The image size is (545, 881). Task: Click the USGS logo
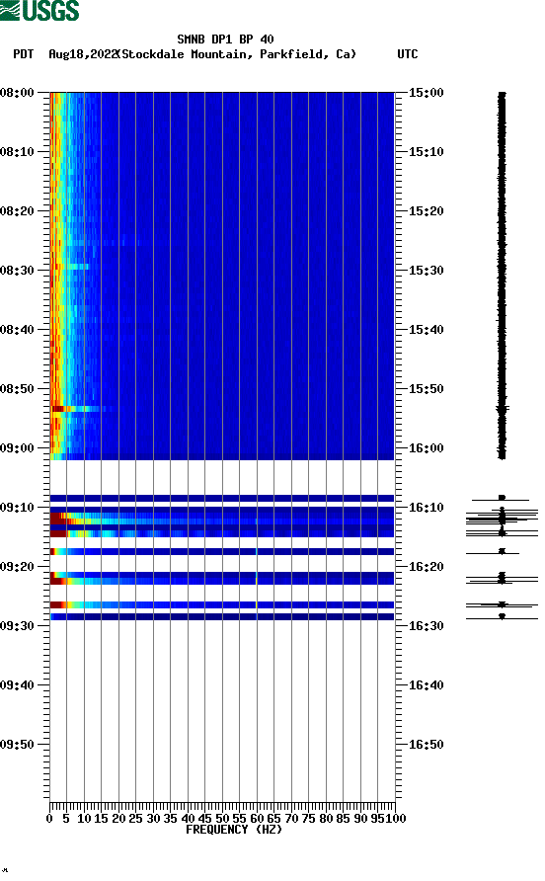39,11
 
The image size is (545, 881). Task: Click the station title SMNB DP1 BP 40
225,40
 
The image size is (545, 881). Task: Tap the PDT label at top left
24,54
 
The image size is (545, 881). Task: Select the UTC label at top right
407,54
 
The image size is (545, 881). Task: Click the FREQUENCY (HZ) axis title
233,830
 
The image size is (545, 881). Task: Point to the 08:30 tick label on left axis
18,271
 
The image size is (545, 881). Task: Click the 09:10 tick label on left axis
18,508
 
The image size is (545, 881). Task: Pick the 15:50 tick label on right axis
427,389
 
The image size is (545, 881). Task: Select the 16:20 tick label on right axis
427,567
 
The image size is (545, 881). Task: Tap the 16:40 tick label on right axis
427,685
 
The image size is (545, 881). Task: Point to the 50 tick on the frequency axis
222,818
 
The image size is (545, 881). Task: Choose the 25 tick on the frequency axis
135,818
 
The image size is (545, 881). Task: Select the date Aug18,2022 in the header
81,54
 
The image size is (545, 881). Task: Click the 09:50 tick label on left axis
18,745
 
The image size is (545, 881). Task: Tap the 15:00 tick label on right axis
427,93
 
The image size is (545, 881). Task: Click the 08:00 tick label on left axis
18,93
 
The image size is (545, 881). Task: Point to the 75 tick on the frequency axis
308,818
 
